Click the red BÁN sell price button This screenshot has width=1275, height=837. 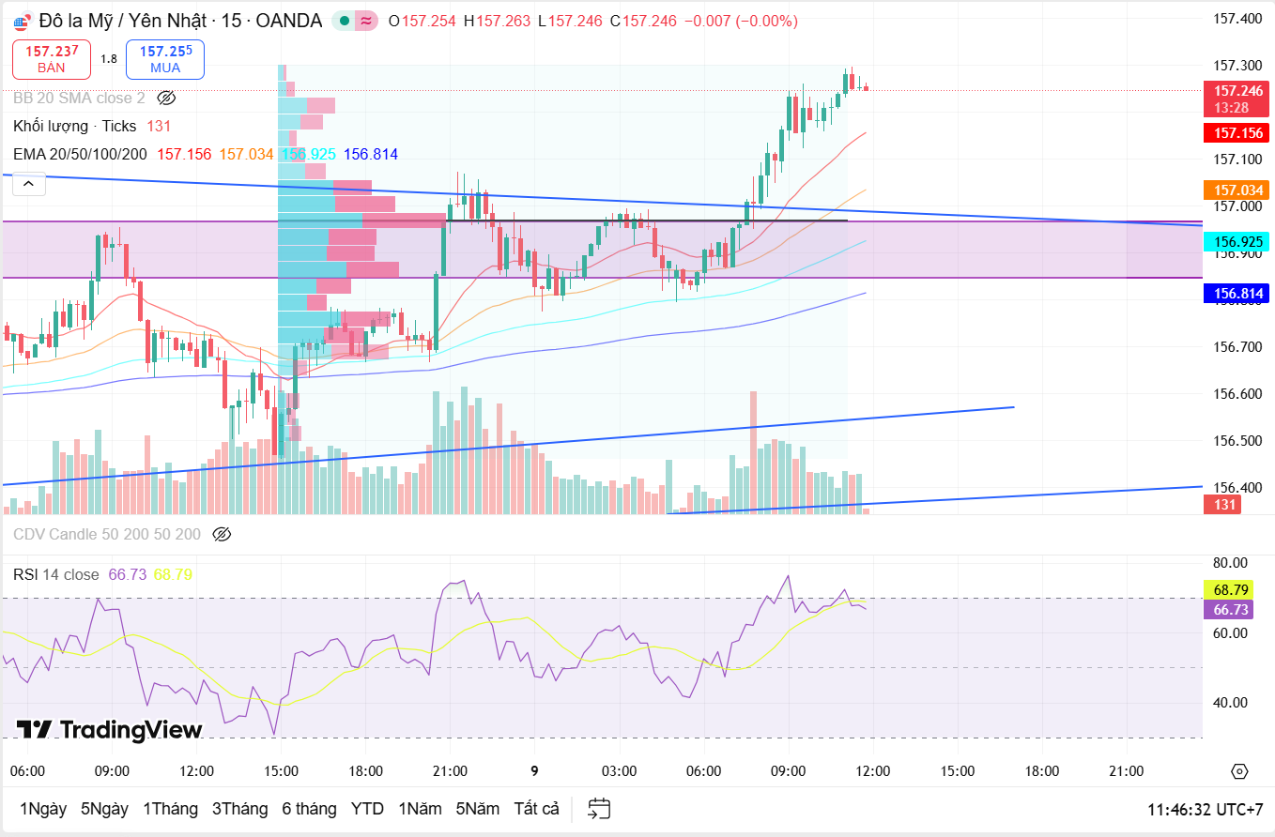coord(52,59)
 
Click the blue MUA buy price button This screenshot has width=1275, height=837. coord(165,59)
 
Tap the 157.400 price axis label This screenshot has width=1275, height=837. coord(1237,19)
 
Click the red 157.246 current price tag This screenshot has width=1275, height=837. coord(1238,91)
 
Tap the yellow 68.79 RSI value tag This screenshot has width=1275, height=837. coord(1231,590)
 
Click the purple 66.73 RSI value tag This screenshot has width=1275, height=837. coord(1231,610)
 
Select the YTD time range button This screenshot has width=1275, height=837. coord(367,809)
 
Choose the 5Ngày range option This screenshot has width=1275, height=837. coord(104,809)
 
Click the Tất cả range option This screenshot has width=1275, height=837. coord(536,809)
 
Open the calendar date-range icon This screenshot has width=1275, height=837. coord(599,809)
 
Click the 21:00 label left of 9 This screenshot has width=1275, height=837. coord(450,771)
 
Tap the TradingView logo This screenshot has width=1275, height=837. coord(109,730)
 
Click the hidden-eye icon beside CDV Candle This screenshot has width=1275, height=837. coord(222,535)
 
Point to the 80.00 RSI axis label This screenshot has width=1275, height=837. coord(1230,563)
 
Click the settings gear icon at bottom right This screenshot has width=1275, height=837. coord(1239,771)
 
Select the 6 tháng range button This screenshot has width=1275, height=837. coord(309,809)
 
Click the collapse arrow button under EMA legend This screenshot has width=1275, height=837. coord(29,184)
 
